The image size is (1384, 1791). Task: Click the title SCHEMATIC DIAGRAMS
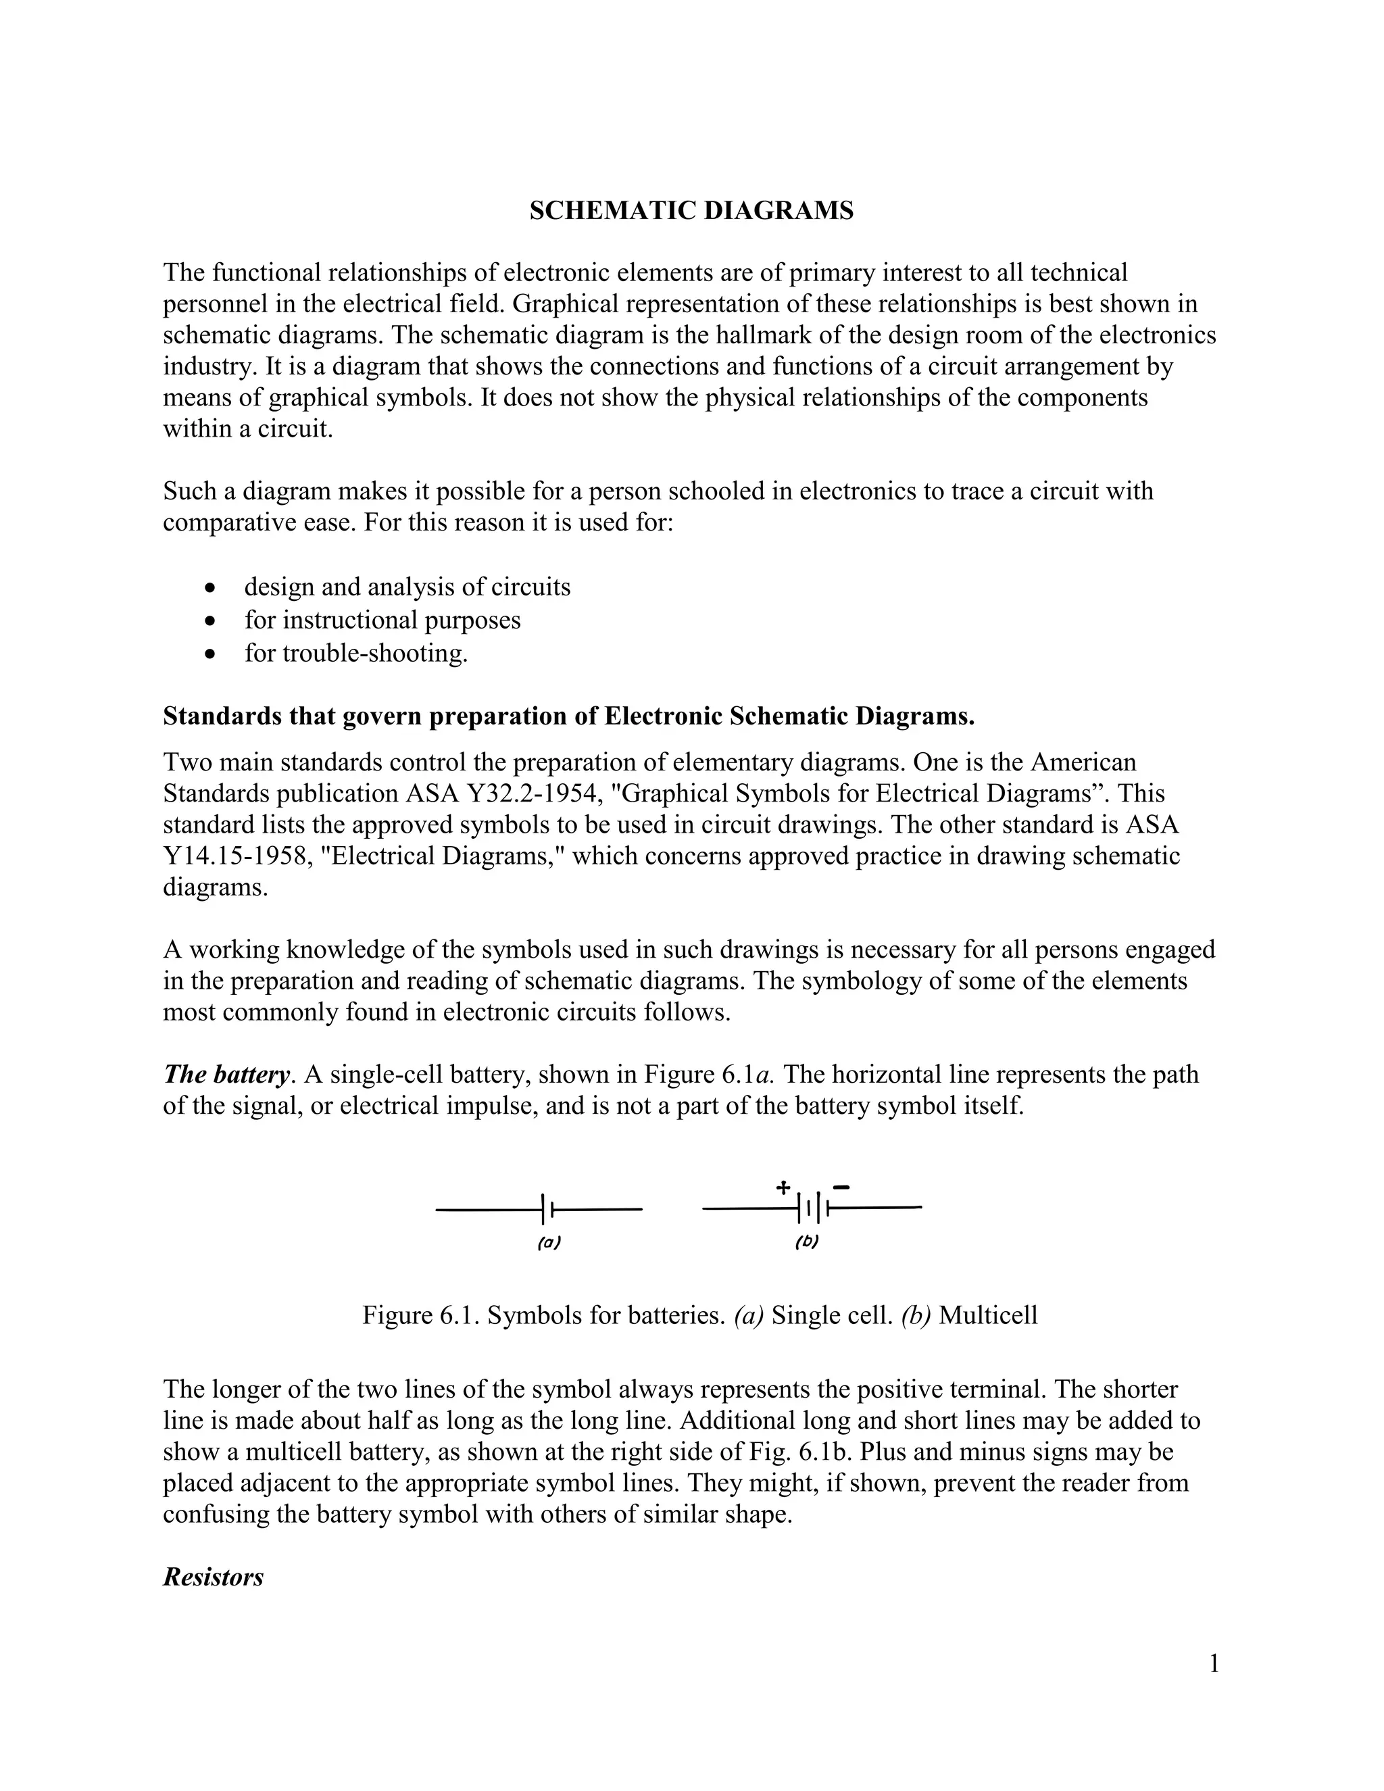(691, 211)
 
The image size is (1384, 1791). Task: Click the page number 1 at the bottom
(1214, 1664)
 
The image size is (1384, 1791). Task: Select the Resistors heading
(213, 1577)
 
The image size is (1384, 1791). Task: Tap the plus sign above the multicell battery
(783, 1187)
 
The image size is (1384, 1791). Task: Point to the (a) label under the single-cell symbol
(549, 1242)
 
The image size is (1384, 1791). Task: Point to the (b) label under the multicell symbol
(807, 1242)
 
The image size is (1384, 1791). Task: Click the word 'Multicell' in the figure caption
(988, 1315)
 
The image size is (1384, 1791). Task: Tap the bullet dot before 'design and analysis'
(212, 588)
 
